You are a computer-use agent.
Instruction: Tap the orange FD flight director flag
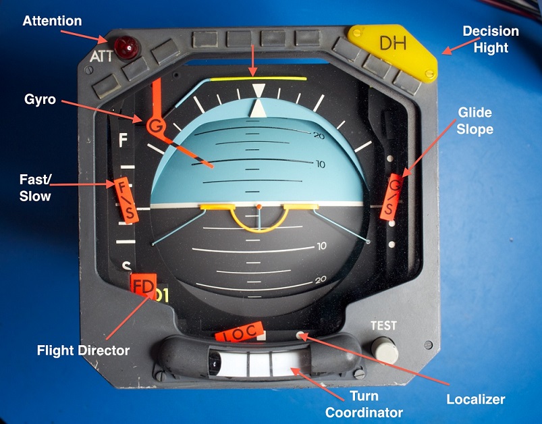(x=143, y=287)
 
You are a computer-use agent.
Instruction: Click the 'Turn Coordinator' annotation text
(x=364, y=404)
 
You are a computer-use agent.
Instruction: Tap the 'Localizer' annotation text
(x=475, y=399)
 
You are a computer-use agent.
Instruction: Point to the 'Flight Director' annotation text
(x=83, y=350)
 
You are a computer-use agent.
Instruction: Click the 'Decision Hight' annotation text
(x=490, y=39)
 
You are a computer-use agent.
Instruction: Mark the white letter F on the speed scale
(x=123, y=141)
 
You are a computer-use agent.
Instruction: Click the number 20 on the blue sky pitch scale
(x=319, y=136)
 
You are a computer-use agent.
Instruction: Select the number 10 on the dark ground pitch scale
(x=321, y=246)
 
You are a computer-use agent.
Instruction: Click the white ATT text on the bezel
(x=102, y=57)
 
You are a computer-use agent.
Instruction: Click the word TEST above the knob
(x=383, y=325)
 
